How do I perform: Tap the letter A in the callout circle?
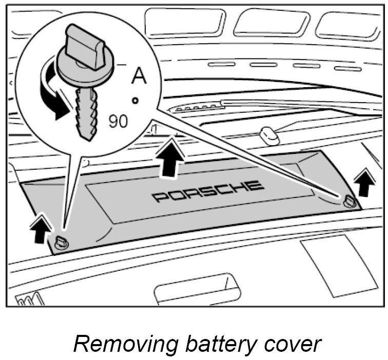(139, 75)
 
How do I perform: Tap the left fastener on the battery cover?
(61, 242)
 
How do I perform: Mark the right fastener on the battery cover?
(349, 201)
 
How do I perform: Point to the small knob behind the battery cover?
(268, 136)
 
